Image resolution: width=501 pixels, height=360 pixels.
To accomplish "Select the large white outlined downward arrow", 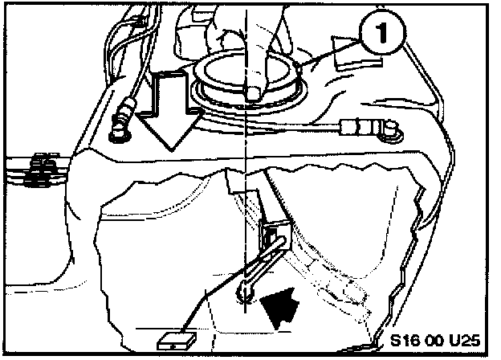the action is pyautogui.click(x=172, y=108).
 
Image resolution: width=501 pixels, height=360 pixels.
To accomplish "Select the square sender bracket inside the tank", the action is pyautogui.click(x=273, y=238).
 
